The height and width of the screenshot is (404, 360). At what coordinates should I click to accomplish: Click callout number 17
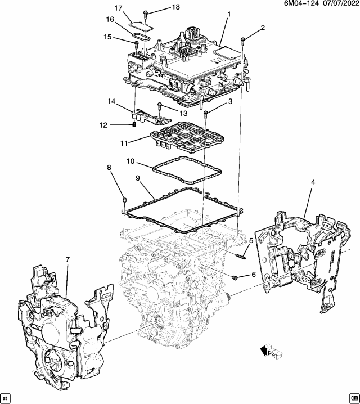119,8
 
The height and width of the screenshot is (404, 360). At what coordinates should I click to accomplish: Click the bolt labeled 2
242,39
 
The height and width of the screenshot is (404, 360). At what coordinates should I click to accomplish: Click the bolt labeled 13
160,106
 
